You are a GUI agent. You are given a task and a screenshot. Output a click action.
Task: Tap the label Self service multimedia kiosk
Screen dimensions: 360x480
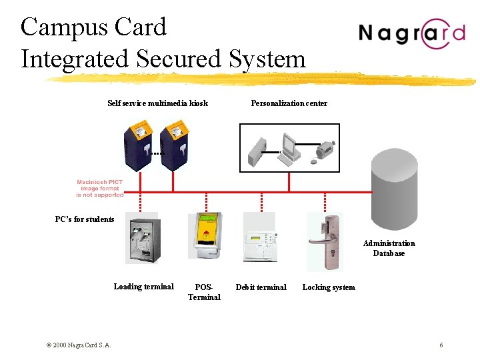coord(157,103)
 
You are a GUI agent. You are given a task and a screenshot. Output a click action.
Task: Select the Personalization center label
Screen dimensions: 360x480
coord(289,103)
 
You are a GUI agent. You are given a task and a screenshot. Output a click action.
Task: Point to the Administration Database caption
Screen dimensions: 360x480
coord(389,248)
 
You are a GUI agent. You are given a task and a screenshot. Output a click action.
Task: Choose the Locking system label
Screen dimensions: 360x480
coord(329,287)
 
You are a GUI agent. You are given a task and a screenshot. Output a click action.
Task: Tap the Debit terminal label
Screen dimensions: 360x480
coord(261,287)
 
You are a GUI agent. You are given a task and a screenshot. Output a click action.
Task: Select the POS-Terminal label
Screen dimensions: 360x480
coord(204,292)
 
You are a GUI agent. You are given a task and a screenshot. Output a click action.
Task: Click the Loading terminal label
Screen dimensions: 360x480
coord(143,287)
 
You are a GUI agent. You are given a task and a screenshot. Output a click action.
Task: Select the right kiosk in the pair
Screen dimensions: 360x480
coord(173,147)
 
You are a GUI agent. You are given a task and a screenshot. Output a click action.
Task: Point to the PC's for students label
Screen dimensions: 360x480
coord(85,219)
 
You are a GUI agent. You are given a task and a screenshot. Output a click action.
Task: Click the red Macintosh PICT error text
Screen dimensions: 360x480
coord(99,188)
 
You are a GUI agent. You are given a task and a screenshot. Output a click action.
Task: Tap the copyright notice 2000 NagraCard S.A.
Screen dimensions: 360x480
coord(79,345)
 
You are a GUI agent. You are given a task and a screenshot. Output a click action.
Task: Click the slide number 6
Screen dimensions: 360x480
coord(441,345)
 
